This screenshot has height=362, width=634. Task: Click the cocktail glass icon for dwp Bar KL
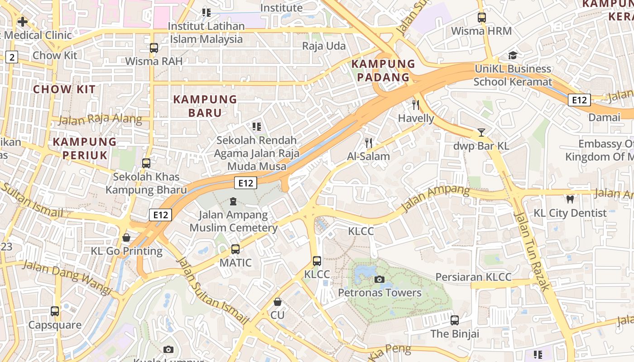tap(481, 133)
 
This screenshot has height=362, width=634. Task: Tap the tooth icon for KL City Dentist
tap(570, 199)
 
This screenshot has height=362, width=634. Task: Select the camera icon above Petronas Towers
tap(379, 279)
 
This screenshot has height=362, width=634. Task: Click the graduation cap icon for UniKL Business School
tap(513, 55)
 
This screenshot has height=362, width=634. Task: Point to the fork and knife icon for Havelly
tap(416, 105)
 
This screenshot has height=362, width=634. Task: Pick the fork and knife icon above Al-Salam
tap(369, 143)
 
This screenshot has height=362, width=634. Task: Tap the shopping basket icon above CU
tap(278, 301)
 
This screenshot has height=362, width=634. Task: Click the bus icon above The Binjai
tap(455, 320)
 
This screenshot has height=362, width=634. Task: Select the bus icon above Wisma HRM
tap(482, 18)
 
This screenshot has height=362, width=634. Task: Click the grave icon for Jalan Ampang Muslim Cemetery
tap(233, 201)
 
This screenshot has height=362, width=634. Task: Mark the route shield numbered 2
tap(12, 57)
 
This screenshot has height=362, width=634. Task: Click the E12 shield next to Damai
tap(579, 100)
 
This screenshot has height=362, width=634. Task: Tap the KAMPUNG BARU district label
tap(205, 106)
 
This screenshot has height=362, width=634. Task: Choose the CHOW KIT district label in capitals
tap(64, 89)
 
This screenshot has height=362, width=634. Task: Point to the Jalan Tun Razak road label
tap(533, 251)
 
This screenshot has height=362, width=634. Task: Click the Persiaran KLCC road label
tap(473, 277)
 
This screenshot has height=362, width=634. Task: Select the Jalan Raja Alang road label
tap(100, 120)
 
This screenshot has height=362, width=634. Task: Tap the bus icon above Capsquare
tap(55, 311)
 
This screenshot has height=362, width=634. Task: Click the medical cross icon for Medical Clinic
tap(22, 21)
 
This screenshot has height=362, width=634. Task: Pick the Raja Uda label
tap(324, 46)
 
